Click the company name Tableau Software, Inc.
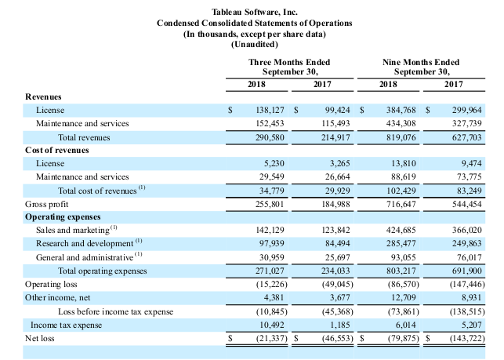click(x=254, y=13)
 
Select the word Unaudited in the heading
click(x=254, y=45)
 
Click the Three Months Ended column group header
click(x=289, y=62)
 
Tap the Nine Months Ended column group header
click(x=421, y=62)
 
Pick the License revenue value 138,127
click(x=270, y=111)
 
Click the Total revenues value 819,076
click(x=401, y=138)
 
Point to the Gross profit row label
click(x=46, y=204)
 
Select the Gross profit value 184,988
click(x=335, y=204)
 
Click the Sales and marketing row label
click(x=73, y=230)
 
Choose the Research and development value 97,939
click(x=272, y=244)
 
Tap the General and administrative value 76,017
click(x=470, y=258)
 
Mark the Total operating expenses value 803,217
click(x=401, y=271)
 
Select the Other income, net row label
click(x=57, y=297)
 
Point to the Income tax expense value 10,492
click(x=272, y=325)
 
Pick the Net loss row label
click(x=39, y=339)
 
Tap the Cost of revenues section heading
click(x=57, y=151)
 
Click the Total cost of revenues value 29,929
click(x=338, y=191)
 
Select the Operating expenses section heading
click(x=63, y=217)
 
